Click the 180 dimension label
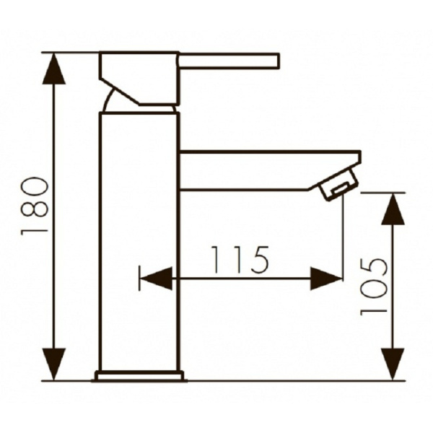35,207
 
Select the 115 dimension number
240,260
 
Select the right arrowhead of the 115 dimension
325,279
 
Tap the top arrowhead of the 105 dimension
393,209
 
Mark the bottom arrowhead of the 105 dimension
393,364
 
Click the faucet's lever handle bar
229,61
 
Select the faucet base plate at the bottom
139,375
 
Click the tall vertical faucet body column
138,238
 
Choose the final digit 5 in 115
258,260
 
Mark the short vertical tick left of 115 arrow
139,279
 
